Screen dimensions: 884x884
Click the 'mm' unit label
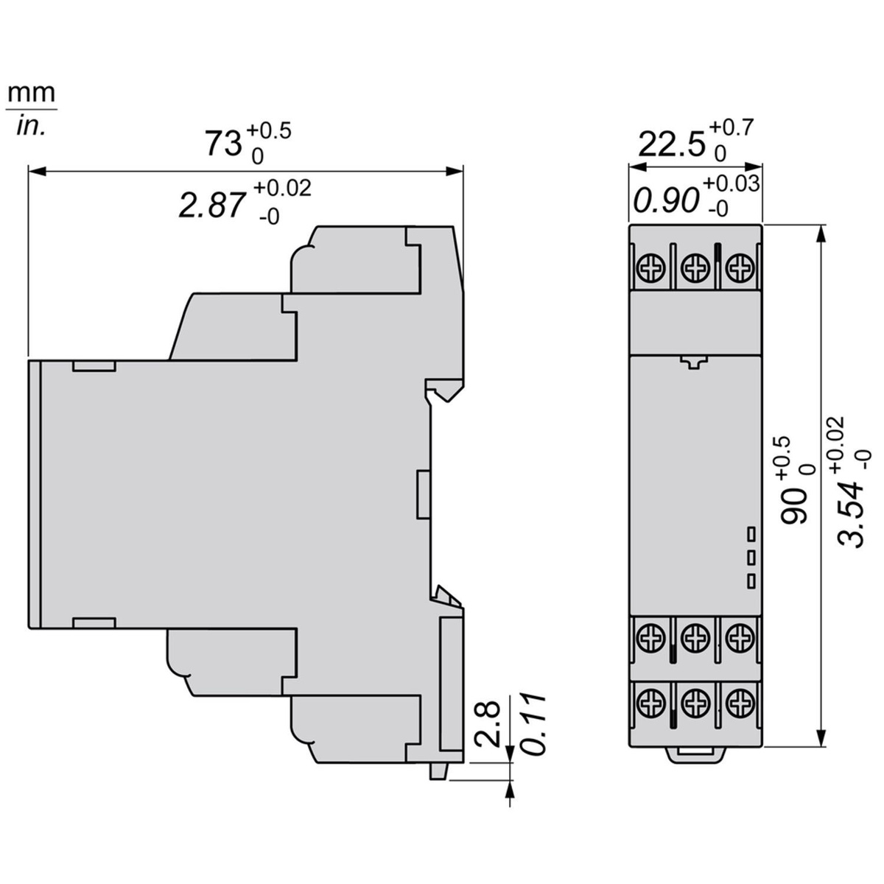[32, 93]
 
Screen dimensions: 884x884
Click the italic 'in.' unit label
[31, 126]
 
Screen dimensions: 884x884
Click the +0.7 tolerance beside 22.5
[731, 128]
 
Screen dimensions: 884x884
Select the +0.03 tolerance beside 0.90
[730, 184]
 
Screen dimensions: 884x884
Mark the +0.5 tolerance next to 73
[268, 131]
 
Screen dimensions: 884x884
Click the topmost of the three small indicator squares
[751, 533]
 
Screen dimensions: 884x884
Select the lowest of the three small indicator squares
[751, 581]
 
